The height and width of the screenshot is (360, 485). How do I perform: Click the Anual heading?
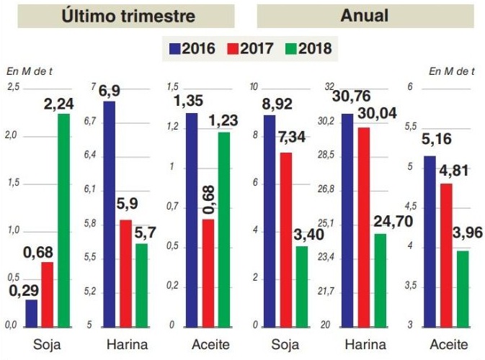pos(365,15)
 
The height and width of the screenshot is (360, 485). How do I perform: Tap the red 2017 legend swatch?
pos(234,49)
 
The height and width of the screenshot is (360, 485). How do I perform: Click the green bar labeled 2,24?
pos(64,220)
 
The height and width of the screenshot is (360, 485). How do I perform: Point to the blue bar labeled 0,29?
pos(31,312)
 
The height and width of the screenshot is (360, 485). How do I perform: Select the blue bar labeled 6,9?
pos(110,213)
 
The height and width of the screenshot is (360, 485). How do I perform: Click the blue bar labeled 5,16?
pos(430,240)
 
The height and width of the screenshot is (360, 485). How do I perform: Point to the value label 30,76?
pos(347,104)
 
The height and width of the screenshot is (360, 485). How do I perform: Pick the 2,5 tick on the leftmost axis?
pos(14,87)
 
